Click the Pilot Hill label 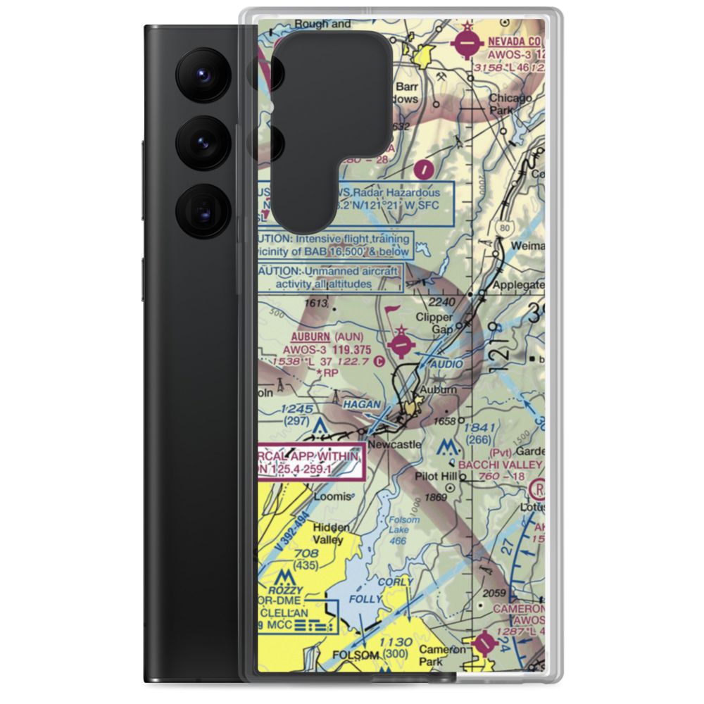(435, 477)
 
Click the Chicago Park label (510, 104)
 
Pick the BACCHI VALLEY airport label (500, 465)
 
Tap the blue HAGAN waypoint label (362, 405)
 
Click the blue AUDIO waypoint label (446, 364)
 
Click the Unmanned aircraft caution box (331, 278)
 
